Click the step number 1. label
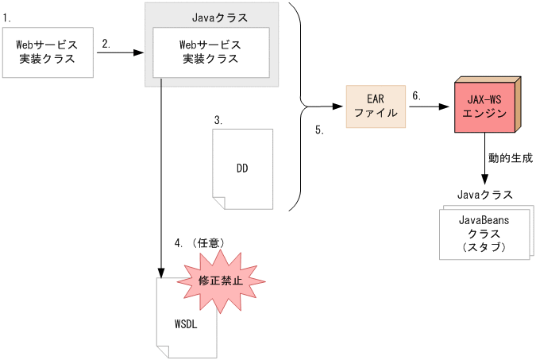pyautogui.click(x=7, y=17)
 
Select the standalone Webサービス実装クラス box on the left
pyautogui.click(x=48, y=52)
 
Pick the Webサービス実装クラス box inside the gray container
pyautogui.click(x=210, y=52)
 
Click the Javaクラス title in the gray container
pyautogui.click(x=219, y=16)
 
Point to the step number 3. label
pyautogui.click(x=218, y=120)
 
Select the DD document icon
pyautogui.click(x=242, y=168)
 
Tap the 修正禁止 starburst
pyautogui.click(x=221, y=280)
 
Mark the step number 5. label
pyautogui.click(x=319, y=130)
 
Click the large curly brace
pyautogui.click(x=299, y=106)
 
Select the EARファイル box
pyautogui.click(x=376, y=106)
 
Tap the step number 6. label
pyautogui.click(x=416, y=95)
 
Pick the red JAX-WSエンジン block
pyautogui.click(x=482, y=106)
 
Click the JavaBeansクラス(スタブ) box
pyautogui.click(x=484, y=234)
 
